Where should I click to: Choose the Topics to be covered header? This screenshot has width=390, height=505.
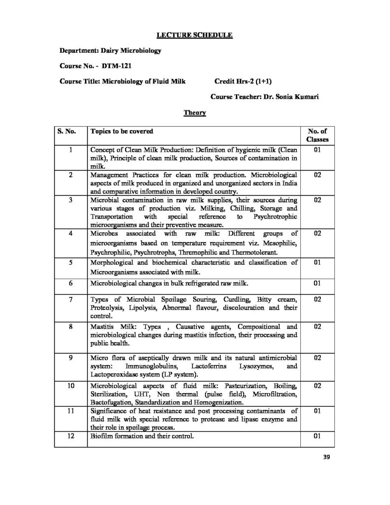click(121, 132)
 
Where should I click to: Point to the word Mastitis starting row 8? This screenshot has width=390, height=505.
click(102, 327)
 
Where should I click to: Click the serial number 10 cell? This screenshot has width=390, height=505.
click(71, 386)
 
